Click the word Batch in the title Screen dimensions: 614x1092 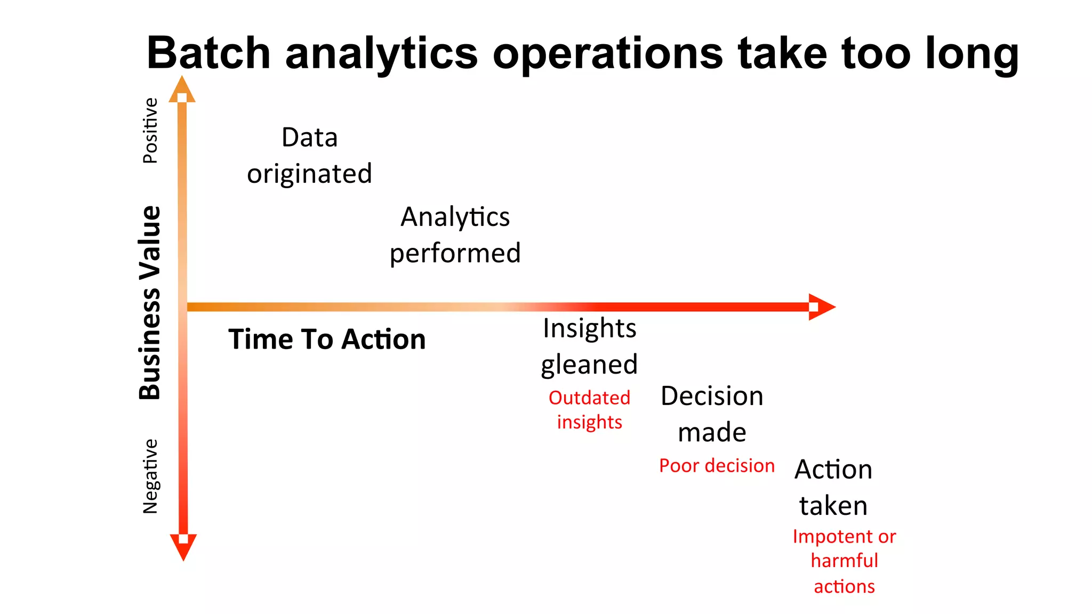(x=208, y=53)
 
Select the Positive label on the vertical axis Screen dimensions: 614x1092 (x=150, y=131)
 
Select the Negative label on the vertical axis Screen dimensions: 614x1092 (x=150, y=476)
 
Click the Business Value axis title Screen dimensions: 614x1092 (x=150, y=303)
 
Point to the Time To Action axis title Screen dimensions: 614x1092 (x=327, y=340)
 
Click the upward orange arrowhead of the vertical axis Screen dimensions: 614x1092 (x=182, y=89)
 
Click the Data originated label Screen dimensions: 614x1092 (x=309, y=156)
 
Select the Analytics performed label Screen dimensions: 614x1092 (x=455, y=235)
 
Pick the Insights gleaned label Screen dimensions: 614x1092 (x=589, y=346)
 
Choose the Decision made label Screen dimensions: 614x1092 (x=712, y=414)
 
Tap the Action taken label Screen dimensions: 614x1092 (x=833, y=488)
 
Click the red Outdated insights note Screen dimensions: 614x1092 (x=589, y=410)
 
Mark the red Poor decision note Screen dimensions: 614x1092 (x=716, y=466)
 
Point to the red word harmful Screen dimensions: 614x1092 (x=844, y=561)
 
